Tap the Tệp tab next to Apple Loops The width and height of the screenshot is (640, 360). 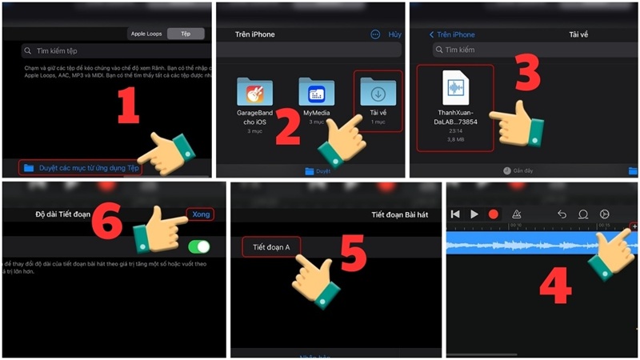click(x=185, y=34)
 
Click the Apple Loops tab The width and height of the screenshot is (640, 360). click(x=146, y=34)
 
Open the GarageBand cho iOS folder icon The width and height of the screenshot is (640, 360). click(x=254, y=94)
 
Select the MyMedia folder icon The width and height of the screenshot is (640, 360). click(x=316, y=93)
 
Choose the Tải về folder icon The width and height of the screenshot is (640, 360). click(x=378, y=92)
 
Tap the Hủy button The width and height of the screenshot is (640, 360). click(x=394, y=34)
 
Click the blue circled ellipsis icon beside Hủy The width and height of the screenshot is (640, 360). click(x=375, y=34)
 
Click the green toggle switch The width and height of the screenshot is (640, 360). click(x=198, y=246)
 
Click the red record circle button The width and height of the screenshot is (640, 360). click(x=494, y=214)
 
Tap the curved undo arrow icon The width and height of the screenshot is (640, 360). click(x=562, y=214)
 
